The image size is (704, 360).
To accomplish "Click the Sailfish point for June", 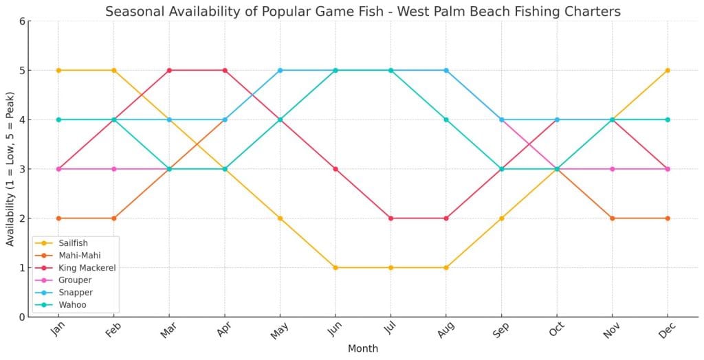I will (335, 267).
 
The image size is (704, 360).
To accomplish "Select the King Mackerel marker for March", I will (169, 70).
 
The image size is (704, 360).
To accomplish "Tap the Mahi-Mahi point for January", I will (58, 218).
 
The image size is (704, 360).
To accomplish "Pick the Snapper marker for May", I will (280, 70).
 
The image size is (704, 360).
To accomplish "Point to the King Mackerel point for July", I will (390, 218).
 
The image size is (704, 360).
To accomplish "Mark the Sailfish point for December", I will (668, 70).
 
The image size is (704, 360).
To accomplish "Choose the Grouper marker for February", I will (114, 168).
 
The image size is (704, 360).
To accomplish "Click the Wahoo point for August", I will (446, 120).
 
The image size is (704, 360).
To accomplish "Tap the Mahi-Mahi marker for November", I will (612, 218).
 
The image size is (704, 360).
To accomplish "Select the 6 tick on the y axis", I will (22, 21).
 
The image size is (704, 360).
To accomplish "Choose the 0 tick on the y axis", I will (22, 317).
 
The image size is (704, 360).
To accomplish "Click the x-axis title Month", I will (362, 349).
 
